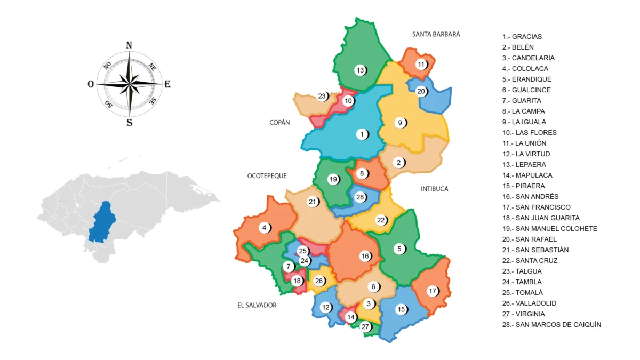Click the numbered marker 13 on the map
[360, 70]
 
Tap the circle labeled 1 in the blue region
[362, 134]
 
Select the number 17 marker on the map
[433, 291]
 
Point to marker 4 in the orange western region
[264, 228]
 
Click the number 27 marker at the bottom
[365, 327]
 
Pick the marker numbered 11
[422, 65]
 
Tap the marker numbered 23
[322, 97]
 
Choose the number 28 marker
[360, 197]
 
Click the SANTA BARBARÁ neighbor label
[436, 34]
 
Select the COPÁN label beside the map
[279, 123]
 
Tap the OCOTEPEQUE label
[267, 175]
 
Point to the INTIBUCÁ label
[434, 189]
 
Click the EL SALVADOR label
[257, 305]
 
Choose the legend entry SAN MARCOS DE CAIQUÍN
[551, 324]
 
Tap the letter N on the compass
[129, 45]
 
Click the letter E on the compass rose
[167, 84]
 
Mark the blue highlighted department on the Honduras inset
[102, 222]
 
